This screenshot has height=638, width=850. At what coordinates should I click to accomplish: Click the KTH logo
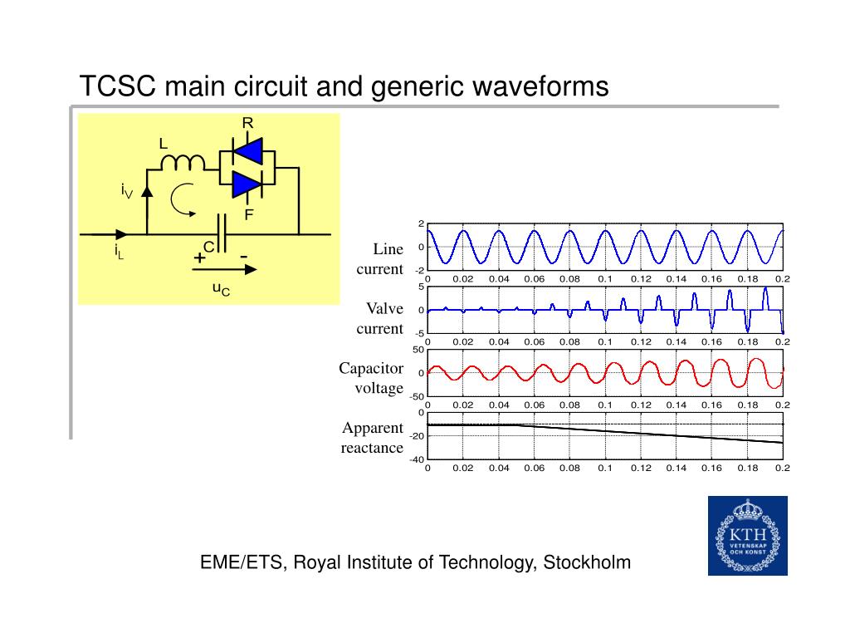747,536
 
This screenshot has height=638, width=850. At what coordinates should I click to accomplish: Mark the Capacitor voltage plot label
371,378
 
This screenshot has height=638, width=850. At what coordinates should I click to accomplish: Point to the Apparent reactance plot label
372,438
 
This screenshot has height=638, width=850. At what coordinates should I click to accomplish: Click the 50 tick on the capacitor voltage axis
419,350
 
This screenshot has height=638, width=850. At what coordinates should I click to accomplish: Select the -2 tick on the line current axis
419,271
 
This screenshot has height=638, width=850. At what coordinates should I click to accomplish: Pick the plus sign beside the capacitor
199,258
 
